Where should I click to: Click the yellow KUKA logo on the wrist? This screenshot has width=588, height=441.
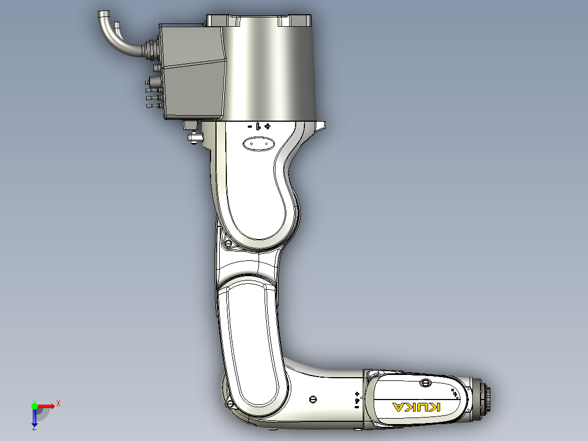point(416,407)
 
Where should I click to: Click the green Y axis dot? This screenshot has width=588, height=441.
point(34,406)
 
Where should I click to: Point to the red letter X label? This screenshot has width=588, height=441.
point(58,403)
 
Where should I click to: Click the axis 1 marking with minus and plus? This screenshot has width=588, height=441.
point(259,126)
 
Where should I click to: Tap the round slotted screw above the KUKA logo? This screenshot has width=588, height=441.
point(425,382)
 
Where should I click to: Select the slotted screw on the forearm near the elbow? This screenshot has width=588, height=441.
point(313,399)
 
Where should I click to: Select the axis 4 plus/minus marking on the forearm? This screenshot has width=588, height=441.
point(357,400)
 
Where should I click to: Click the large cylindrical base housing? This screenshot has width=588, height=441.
point(270,71)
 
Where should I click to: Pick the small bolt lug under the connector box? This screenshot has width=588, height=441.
point(192,135)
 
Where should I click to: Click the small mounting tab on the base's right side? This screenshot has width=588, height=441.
point(321,126)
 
